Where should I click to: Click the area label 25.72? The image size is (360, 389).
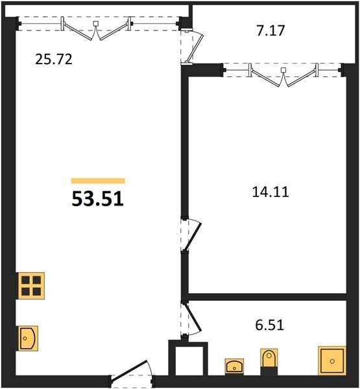point(54,60)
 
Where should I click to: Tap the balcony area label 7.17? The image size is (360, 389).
point(270,30)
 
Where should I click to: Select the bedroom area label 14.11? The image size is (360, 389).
point(270,192)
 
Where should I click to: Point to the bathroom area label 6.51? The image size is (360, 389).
point(270,325)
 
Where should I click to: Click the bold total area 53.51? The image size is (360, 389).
point(97,199)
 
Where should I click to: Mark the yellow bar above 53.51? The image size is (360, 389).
point(98,181)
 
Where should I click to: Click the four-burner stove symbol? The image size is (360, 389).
point(30,286)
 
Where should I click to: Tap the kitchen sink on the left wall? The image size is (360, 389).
point(27,338)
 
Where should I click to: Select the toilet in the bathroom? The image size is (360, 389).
point(269,362)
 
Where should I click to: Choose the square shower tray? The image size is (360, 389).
point(332,360)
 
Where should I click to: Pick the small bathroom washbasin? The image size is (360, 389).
point(234,366)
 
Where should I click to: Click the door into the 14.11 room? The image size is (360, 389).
point(191,235)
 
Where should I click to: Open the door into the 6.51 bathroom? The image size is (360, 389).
point(191,319)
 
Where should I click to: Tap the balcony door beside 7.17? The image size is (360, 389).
point(192,47)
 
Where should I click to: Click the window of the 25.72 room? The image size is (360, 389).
point(99,24)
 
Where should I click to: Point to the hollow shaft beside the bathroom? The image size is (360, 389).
point(188,359)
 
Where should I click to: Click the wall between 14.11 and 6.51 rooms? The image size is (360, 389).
point(267,297)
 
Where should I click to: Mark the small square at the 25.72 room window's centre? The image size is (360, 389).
point(96,23)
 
